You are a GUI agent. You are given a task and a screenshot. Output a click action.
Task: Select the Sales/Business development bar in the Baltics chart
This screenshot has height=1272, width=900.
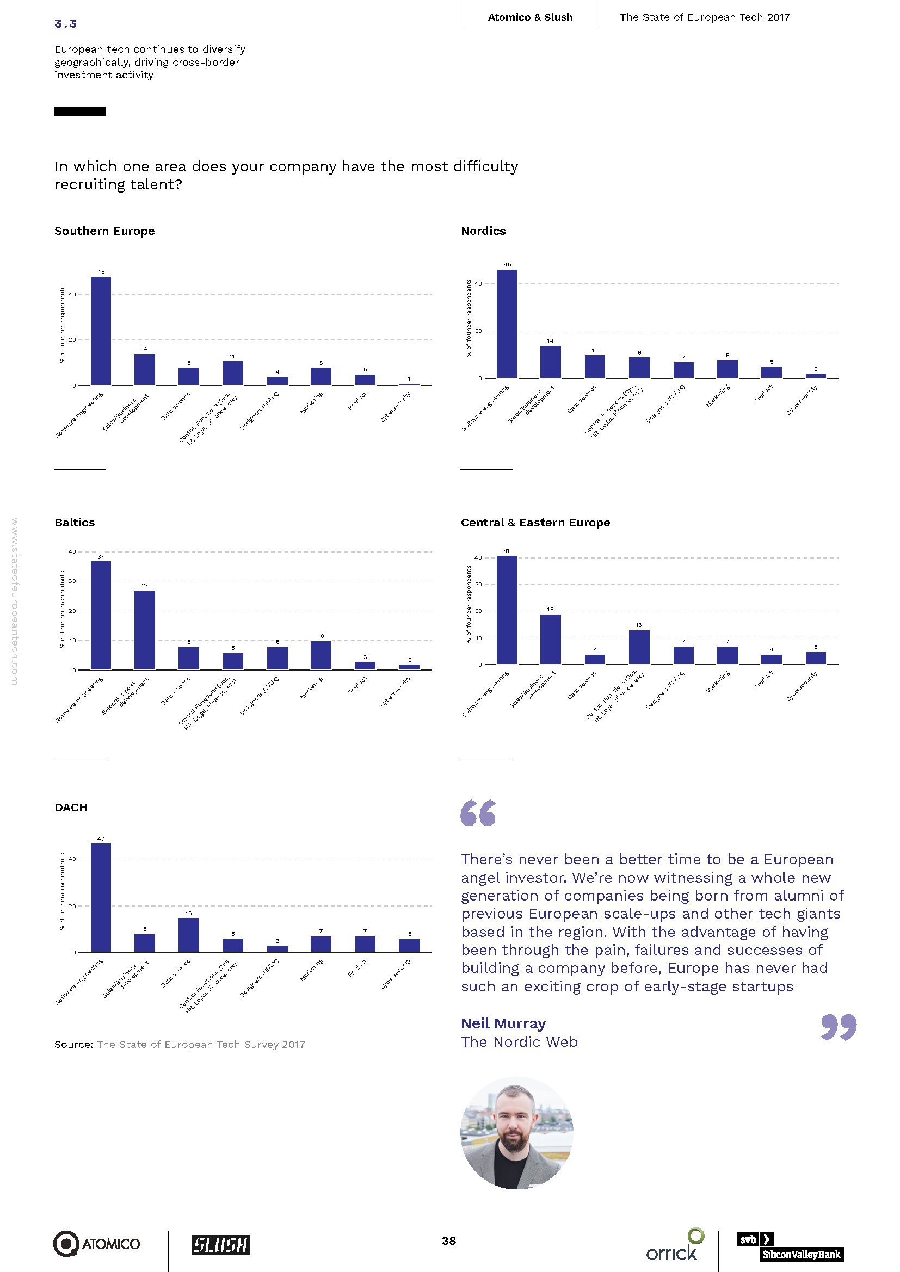145,630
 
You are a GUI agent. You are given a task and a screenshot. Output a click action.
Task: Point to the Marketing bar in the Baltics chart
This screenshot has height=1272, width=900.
321,655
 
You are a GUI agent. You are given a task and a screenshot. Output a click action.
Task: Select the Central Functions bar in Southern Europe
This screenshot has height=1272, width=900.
233,373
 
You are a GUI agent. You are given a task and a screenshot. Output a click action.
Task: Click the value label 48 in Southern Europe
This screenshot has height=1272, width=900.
101,272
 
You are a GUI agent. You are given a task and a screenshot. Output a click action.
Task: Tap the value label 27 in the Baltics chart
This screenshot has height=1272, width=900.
145,586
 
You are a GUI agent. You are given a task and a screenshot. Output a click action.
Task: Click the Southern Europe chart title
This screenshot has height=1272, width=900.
104,231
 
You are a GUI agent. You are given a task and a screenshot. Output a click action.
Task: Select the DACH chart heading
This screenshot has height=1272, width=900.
71,807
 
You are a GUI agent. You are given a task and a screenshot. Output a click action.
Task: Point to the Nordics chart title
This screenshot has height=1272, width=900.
483,231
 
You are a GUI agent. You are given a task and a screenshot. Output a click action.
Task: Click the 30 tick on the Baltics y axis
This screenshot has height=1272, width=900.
72,581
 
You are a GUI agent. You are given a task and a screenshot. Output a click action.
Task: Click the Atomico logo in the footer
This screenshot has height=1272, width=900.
96,1244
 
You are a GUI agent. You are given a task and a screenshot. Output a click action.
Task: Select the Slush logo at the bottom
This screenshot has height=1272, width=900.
220,1244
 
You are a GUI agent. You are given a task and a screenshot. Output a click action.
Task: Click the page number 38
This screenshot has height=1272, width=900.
449,1240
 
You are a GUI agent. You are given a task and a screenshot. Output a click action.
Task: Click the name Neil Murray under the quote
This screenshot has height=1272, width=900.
503,1023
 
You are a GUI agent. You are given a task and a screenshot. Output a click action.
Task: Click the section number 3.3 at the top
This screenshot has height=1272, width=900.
65,23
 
